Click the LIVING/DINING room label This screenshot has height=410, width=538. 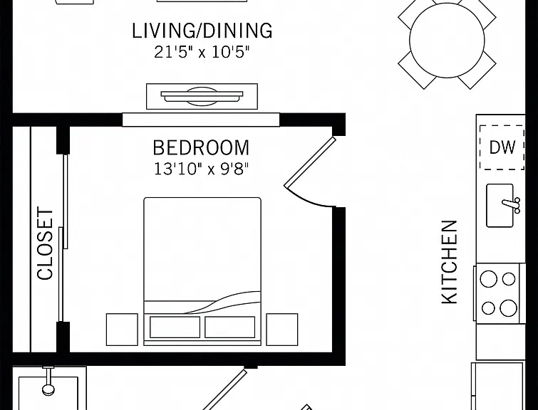coord(202,31)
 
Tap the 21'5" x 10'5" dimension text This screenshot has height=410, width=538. coord(202,53)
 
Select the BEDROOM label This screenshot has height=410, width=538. coord(201,148)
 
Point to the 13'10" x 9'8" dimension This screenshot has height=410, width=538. coord(201,169)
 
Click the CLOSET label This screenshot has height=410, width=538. coord(46,243)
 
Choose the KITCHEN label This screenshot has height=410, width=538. coord(449,262)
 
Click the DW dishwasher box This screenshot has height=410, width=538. coord(502,147)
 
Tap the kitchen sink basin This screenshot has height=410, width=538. coord(500,205)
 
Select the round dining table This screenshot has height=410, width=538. coord(447,41)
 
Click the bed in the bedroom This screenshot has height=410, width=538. coord(202,271)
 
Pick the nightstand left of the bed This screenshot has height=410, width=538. coord(122,330)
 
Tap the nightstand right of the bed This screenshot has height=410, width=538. coord(282,330)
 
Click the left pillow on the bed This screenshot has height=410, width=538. coord(175,327)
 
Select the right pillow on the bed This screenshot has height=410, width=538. coord(230,327)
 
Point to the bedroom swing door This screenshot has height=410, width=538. coord(309,163)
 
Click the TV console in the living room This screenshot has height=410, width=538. coord(202,96)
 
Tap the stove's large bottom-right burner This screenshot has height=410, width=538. coord(508,307)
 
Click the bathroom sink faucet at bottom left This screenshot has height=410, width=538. coord(48,381)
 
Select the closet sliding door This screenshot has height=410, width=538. coord(63,238)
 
